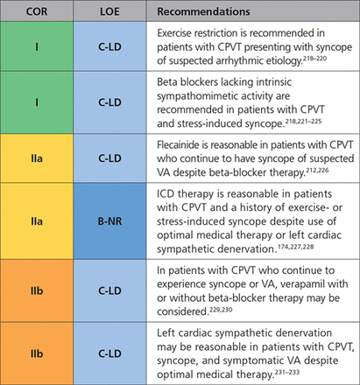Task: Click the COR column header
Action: tap(37, 11)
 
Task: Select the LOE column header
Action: tap(109, 11)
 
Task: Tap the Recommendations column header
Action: tap(203, 11)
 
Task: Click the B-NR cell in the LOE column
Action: tap(109, 221)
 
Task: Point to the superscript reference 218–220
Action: tap(314, 59)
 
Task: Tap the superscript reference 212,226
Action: tap(317, 170)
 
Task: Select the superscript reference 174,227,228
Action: tap(296, 247)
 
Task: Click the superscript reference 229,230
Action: tap(221, 310)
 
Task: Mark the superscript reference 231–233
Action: tap(287, 372)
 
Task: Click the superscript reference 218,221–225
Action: tap(303, 121)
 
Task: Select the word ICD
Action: tap(166, 193)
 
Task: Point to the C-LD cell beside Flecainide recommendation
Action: tap(109, 158)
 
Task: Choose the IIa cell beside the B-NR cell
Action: tap(37, 220)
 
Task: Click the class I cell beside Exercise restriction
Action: tap(37, 46)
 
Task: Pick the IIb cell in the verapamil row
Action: tap(37, 290)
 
